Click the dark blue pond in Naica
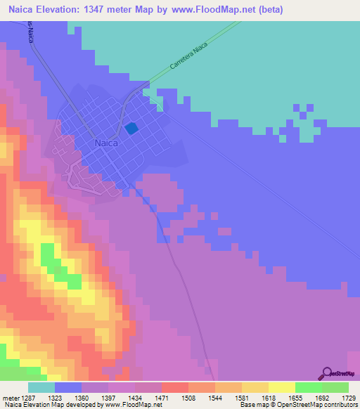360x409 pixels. [131, 129]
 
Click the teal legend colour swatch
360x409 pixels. [41, 387]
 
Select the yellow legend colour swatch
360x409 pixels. [282, 387]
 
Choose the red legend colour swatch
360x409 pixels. [175, 387]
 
